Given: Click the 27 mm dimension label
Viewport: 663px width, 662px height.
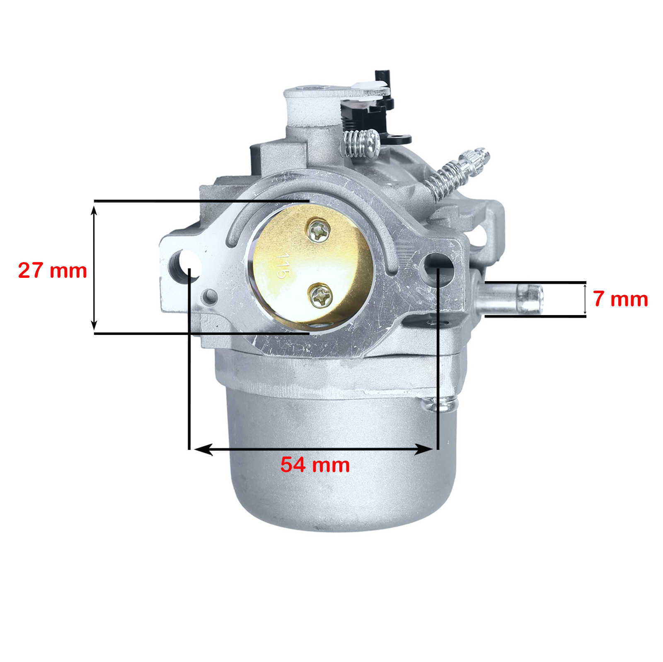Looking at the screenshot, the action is point(53,270).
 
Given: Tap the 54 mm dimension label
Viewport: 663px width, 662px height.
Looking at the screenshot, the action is point(315,465).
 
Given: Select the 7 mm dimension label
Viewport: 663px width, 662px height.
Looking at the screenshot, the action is point(620,299).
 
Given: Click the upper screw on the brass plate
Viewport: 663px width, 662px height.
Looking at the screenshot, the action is point(319,230).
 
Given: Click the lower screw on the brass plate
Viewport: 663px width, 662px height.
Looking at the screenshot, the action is point(320,295).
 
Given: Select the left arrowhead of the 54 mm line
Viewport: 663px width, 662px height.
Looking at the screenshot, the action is point(203,449).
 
